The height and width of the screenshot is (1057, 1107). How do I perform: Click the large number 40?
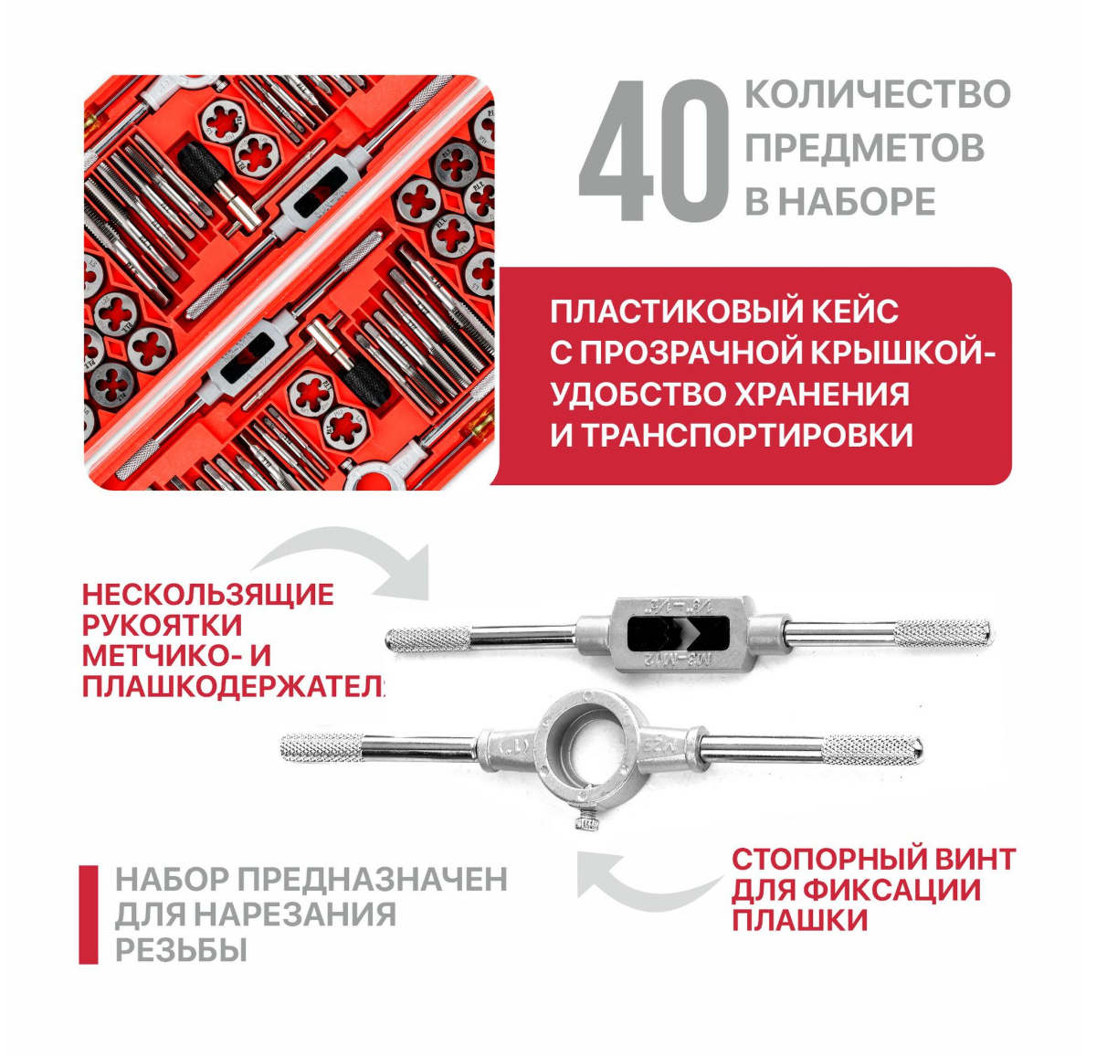653,152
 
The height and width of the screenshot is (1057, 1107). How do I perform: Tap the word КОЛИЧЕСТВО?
878,95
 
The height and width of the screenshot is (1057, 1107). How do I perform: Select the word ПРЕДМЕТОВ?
864,148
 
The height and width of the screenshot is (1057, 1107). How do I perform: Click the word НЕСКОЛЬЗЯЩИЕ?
207,595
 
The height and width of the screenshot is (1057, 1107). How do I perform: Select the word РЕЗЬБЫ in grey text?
181,950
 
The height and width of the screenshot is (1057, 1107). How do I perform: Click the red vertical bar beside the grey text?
89,914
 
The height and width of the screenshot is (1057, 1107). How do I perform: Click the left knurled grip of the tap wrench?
427,638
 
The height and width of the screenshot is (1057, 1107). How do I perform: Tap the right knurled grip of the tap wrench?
941,631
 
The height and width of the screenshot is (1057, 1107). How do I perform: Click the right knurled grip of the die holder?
872,749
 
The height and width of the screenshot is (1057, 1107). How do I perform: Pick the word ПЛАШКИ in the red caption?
799,920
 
